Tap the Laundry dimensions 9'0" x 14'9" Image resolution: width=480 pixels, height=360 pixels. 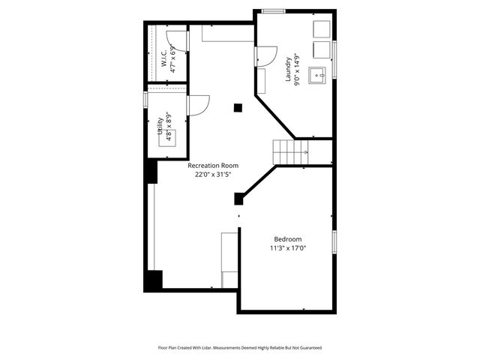(x=298, y=68)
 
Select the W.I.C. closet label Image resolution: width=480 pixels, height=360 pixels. (x=163, y=59)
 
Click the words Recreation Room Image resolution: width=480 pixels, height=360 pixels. (x=213, y=165)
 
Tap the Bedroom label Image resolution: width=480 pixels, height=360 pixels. (x=288, y=238)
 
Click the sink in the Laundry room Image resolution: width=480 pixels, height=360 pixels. (x=318, y=75)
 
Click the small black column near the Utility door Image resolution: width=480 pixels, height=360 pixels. (x=238, y=108)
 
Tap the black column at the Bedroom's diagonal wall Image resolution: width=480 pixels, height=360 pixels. (x=239, y=199)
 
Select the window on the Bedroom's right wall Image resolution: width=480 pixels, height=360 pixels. (x=334, y=242)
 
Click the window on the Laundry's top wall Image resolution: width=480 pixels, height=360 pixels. (x=273, y=10)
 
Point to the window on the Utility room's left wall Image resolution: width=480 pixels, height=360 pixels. (x=145, y=100)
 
